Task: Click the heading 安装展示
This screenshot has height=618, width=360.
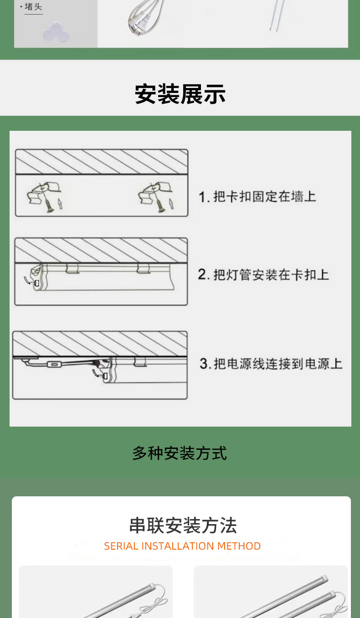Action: coord(180,94)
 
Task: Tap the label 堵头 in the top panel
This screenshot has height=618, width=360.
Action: coord(33,6)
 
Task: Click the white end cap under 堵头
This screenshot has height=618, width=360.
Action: coord(56,32)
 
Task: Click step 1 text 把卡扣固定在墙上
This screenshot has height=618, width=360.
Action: coord(265,197)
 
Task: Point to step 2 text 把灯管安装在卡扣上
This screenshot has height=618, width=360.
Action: coord(271,275)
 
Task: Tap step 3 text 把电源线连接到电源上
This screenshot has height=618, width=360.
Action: coord(278,364)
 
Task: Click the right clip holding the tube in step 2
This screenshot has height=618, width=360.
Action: coord(144,268)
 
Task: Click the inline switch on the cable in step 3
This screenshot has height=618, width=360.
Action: coord(53,365)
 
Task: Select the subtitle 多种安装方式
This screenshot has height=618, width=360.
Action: coord(180,453)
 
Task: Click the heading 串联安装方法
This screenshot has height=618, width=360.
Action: coord(183,525)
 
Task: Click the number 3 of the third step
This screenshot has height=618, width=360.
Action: coord(204,364)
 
